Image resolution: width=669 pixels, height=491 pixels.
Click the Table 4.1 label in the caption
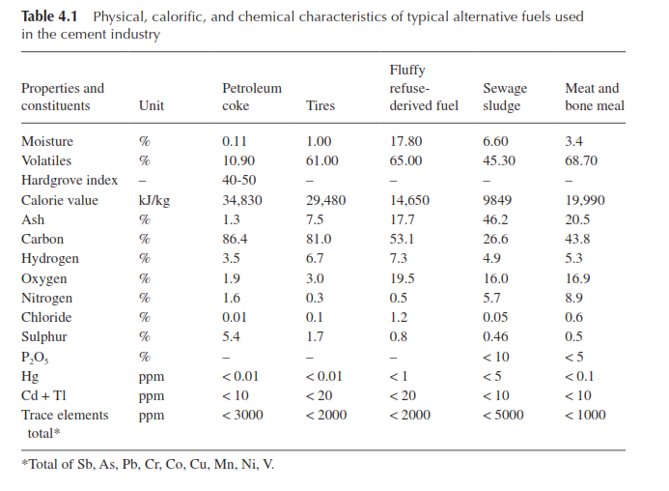coord(49,16)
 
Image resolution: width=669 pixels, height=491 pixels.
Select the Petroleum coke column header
coord(252,97)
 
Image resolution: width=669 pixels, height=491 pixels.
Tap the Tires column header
coord(320,105)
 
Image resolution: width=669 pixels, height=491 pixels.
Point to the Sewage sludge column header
coord(505,97)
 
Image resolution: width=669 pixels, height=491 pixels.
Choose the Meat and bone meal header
coord(595,97)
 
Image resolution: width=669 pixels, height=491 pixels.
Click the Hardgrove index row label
coord(70,180)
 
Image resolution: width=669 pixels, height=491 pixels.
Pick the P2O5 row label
coord(35,358)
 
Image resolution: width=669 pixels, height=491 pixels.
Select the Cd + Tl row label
coord(43,395)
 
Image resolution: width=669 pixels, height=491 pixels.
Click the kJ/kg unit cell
coord(154,200)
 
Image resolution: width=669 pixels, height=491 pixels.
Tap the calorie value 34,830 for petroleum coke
coord(242,200)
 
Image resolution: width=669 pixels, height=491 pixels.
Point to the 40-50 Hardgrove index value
coord(239,180)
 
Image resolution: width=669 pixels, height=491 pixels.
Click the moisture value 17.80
coord(405,141)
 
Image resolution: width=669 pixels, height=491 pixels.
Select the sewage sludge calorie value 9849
coord(497,200)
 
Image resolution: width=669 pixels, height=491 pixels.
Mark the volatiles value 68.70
coord(581,160)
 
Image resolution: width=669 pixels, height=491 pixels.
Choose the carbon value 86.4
coord(235,239)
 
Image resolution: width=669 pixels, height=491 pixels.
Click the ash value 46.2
coord(495,219)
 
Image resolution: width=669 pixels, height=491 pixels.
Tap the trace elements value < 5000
coord(503,415)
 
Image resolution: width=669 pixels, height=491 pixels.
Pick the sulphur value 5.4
coord(231,336)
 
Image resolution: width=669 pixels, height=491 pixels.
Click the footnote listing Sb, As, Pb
coord(148,464)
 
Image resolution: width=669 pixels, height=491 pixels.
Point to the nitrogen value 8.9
coord(573,298)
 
